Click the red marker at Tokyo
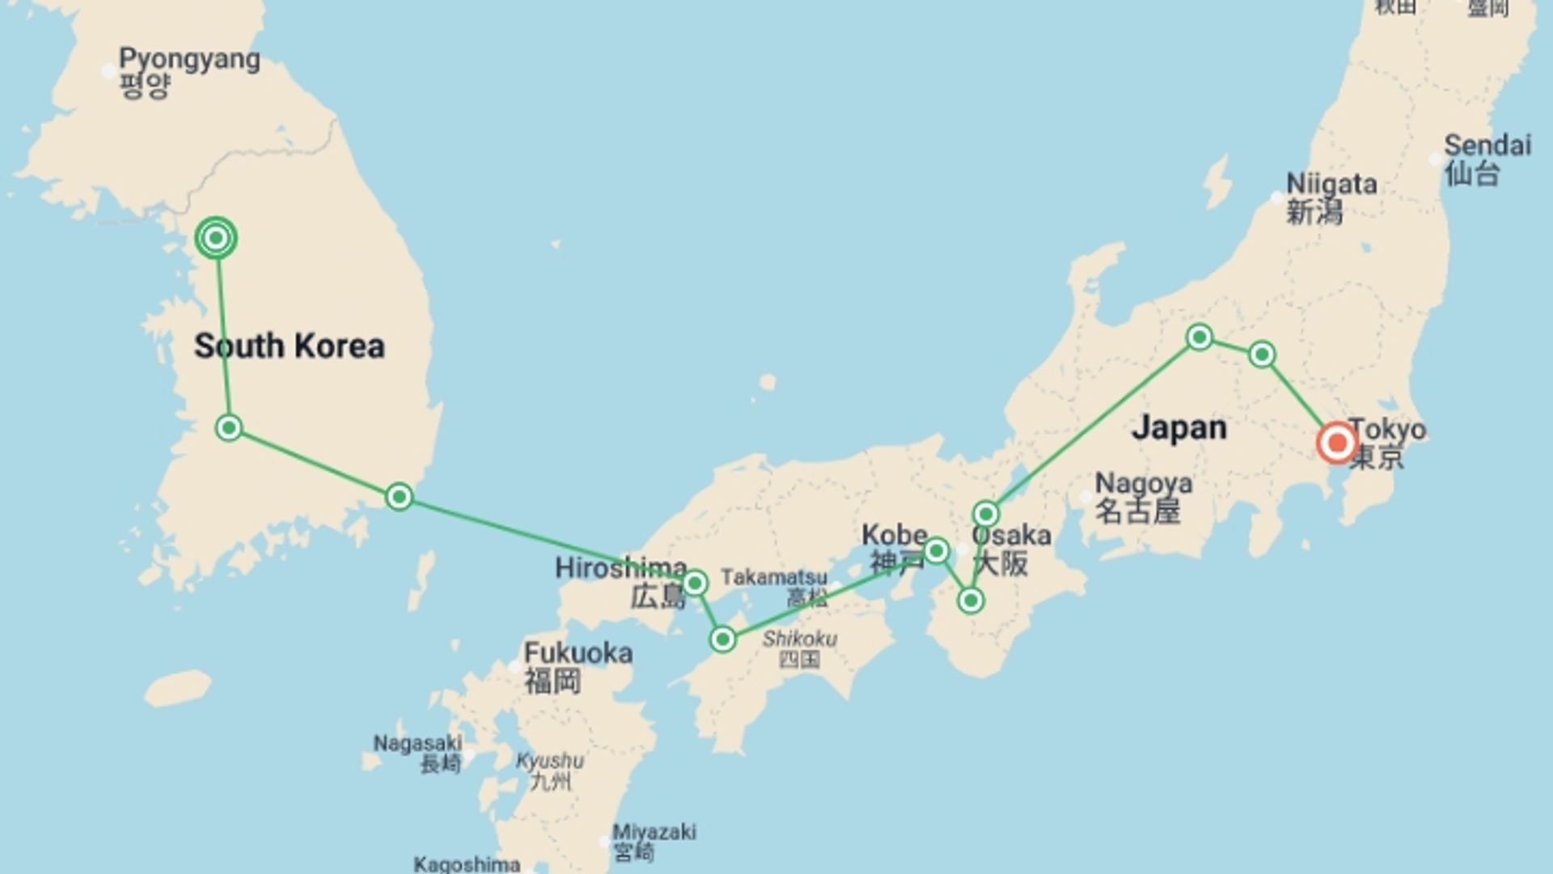click(x=1336, y=443)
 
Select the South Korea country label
click(x=289, y=346)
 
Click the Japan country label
click(x=1179, y=427)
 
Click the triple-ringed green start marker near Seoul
click(x=216, y=238)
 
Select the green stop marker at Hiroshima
click(x=695, y=583)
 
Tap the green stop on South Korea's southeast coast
click(x=399, y=496)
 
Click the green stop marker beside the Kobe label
click(x=936, y=551)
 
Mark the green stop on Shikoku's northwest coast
click(x=722, y=639)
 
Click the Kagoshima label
click(x=467, y=863)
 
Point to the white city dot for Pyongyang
click(x=109, y=71)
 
